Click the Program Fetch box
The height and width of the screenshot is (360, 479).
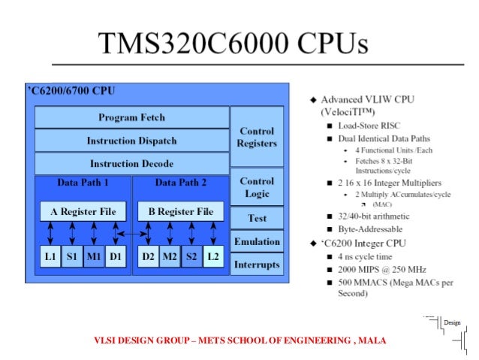[x=131, y=117]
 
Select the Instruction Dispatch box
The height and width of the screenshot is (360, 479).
[x=131, y=141]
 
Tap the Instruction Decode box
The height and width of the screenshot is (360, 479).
[x=131, y=163]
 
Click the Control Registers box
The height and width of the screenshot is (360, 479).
[x=257, y=138]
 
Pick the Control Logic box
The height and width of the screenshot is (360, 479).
[x=257, y=188]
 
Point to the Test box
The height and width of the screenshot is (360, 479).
[x=257, y=219]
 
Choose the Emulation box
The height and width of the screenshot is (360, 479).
[x=257, y=242]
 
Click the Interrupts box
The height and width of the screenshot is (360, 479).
[x=257, y=265]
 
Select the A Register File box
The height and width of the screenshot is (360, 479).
[x=83, y=212]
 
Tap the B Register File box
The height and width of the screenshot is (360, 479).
[x=181, y=212]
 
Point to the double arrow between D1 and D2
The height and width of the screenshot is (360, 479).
[x=131, y=234]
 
